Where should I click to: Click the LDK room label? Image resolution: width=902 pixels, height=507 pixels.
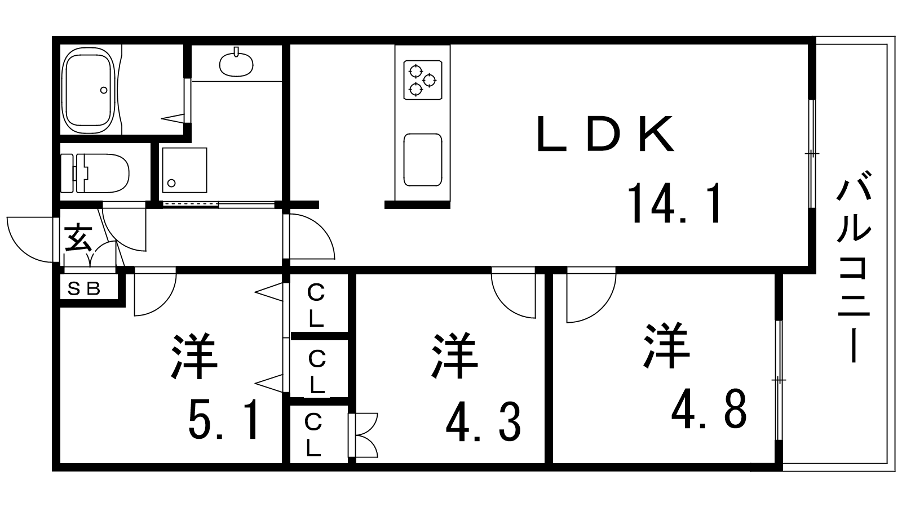605,134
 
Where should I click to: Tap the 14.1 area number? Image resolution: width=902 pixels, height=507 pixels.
675,203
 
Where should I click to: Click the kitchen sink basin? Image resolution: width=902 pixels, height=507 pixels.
422,159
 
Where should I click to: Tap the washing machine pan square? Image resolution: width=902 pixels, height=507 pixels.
184,170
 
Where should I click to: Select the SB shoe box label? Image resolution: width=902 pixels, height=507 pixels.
84,289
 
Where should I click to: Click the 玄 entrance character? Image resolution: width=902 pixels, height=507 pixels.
78,238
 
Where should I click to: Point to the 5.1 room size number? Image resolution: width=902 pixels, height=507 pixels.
224,421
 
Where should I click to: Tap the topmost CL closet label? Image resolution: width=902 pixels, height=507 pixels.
316,306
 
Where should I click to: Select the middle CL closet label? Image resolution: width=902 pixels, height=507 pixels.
317,371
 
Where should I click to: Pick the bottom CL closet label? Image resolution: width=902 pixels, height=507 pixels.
313,435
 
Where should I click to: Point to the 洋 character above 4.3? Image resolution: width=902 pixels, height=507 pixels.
454,357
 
